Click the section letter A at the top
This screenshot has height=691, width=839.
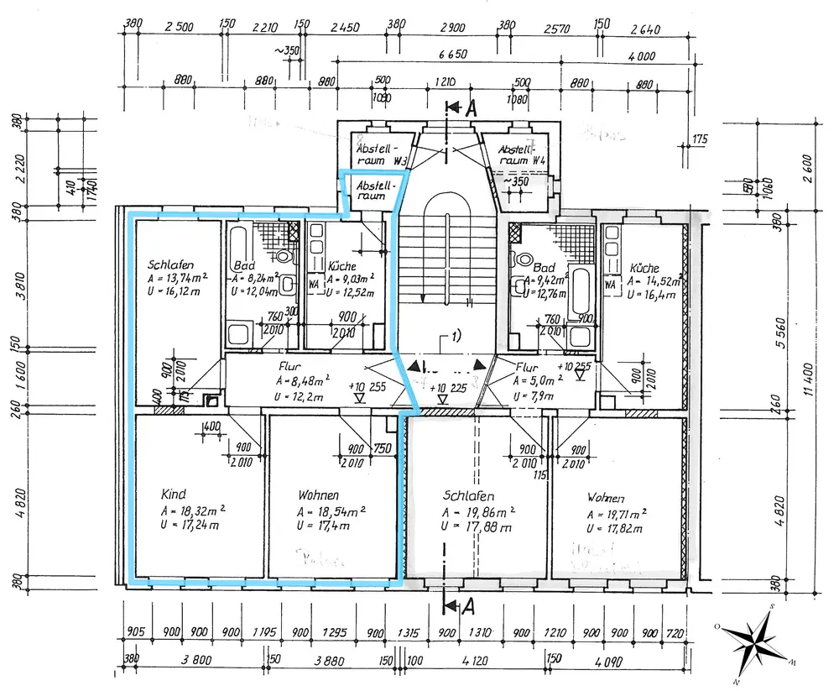[472, 107]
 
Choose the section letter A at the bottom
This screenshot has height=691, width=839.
[472, 605]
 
